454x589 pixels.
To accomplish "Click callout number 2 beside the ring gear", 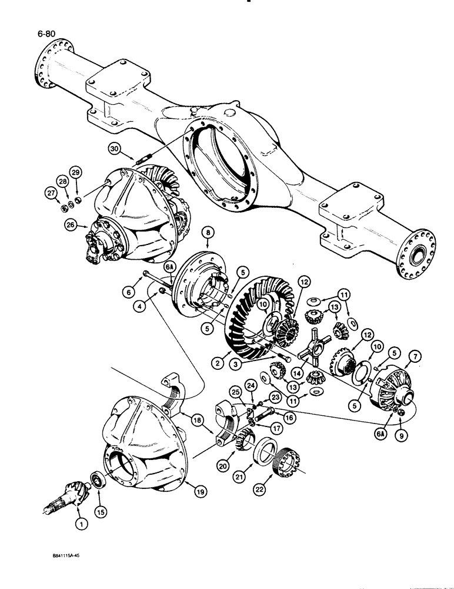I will pyautogui.click(x=218, y=363).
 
